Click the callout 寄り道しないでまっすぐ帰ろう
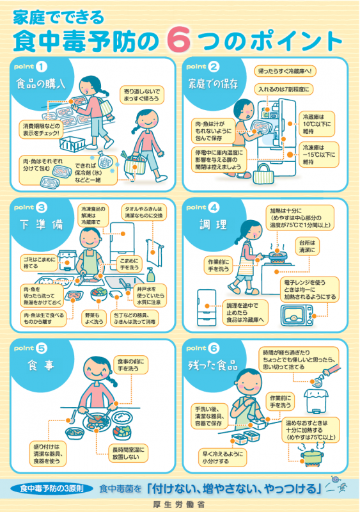coord(141,96)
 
